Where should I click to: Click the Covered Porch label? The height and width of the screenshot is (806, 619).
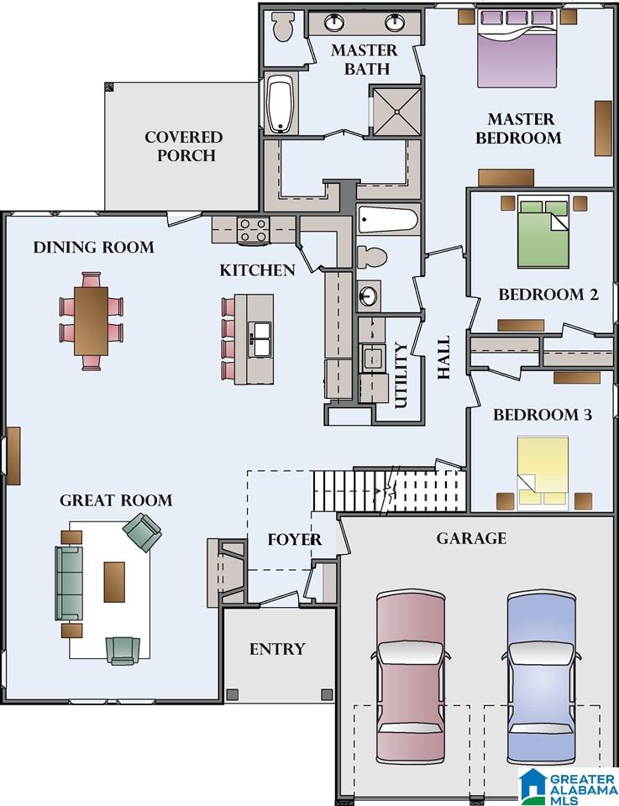pos(184,146)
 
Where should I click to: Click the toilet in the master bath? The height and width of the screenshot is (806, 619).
pos(281,27)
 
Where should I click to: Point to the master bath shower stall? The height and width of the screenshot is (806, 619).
pos(396,112)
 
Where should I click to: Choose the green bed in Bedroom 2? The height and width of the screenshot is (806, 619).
pos(543,232)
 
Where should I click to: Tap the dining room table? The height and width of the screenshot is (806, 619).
pos(91,321)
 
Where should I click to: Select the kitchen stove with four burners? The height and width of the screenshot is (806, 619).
pos(253,230)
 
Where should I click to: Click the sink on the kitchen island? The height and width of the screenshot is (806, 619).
pos(260,339)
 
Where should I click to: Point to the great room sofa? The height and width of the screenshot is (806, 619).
pos(69,583)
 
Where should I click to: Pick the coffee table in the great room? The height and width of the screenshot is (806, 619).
pos(114,581)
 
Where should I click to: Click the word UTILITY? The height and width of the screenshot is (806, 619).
pos(401,375)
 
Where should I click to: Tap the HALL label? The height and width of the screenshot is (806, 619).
pos(443,358)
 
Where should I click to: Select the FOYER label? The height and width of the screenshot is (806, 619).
pos(295,540)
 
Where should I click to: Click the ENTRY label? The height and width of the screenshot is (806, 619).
pos(277,649)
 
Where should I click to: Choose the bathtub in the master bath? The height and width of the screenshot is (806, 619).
pos(281,105)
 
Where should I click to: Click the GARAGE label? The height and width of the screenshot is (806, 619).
pos(471,538)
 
